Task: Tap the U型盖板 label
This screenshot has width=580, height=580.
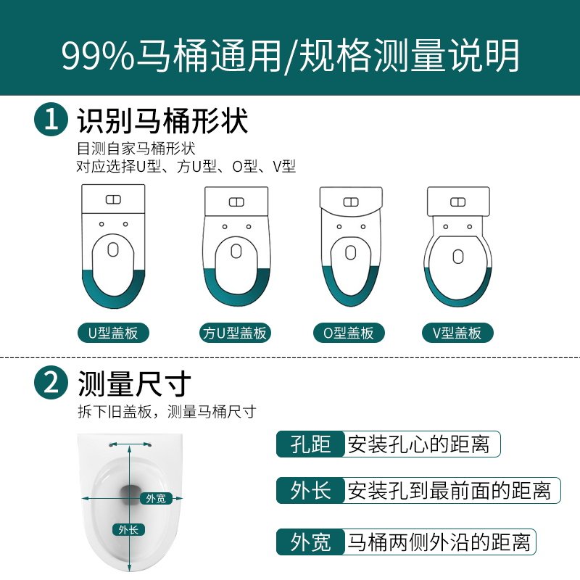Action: pos(113,333)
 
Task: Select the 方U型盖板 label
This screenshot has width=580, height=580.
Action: pos(234,333)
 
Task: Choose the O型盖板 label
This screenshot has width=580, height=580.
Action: pos(349,333)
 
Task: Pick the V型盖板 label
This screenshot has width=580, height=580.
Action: pos(457,333)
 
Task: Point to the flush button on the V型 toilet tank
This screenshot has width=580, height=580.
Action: pos(457,201)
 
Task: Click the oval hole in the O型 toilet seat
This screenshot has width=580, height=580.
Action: pos(350,254)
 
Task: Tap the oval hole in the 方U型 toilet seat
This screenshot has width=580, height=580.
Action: pos(236,252)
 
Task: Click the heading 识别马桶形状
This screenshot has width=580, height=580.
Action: pos(162,120)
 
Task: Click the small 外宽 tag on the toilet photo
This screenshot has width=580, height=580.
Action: pos(155,498)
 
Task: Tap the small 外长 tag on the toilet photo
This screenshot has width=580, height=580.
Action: pos(128,529)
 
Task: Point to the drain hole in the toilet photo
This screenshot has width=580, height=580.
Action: pos(132,494)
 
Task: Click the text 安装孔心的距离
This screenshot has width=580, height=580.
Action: pos(418,444)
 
